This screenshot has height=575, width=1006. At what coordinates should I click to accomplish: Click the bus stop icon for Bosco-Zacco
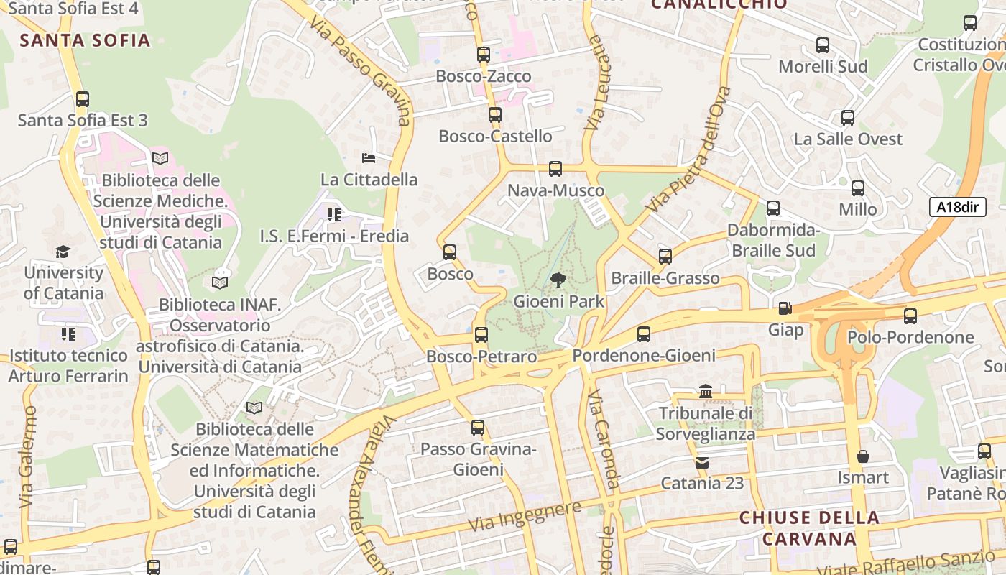point(484,55)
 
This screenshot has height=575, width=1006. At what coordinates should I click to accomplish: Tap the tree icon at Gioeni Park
point(558,280)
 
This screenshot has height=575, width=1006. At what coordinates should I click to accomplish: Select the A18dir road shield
point(959,207)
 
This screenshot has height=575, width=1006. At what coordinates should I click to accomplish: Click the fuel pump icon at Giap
point(785,308)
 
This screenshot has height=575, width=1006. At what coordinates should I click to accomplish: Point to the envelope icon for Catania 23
point(702,462)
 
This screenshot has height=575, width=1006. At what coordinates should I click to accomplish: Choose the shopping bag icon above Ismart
point(862,456)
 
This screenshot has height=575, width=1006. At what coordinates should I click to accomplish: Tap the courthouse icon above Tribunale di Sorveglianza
point(706,392)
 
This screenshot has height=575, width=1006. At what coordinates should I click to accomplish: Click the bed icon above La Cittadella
point(369,158)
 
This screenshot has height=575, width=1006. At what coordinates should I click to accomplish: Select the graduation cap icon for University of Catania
point(63,252)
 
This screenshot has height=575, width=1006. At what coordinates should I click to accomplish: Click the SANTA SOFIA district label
point(86,40)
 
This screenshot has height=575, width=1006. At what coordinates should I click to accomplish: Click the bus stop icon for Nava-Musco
point(555,169)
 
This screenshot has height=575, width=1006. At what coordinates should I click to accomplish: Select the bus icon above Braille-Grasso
point(665,257)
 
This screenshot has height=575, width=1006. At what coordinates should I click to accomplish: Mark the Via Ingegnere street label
point(525,517)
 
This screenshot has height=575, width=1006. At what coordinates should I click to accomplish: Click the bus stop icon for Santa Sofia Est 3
point(83,99)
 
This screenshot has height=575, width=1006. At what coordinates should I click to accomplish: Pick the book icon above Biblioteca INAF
point(220,283)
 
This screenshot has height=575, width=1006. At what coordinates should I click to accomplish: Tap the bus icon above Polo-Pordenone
point(910,316)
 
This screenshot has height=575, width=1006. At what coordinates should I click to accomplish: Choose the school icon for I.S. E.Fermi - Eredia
point(333,214)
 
